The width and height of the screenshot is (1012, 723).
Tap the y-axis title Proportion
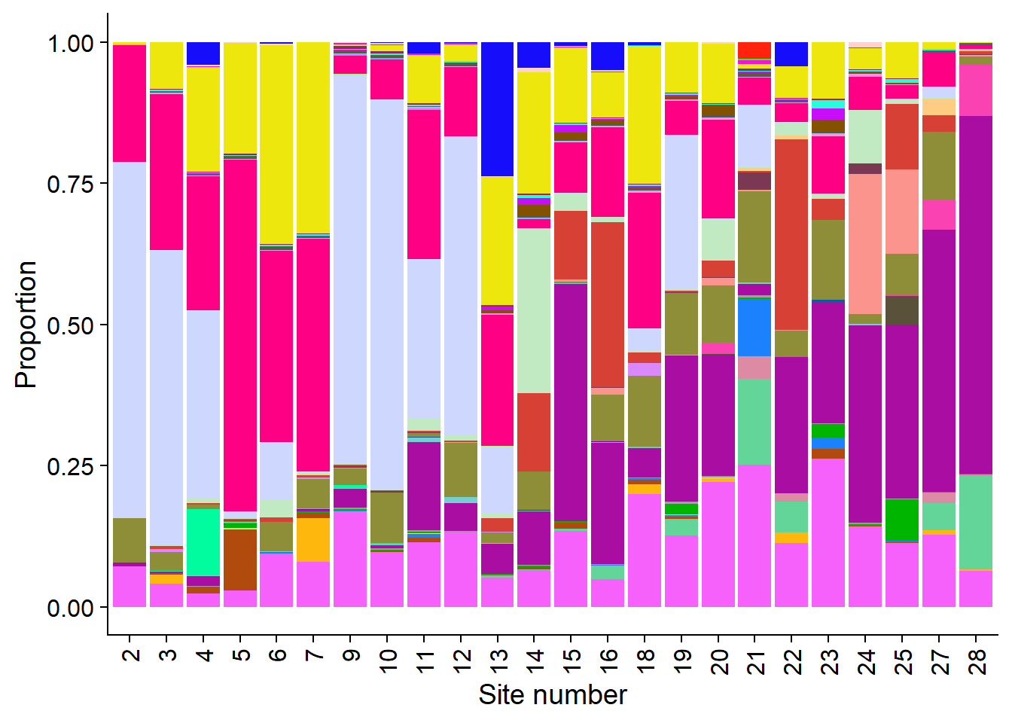tap(26, 325)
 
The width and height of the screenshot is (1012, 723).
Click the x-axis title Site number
tap(552, 694)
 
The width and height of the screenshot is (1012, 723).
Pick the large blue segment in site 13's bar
tap(497, 109)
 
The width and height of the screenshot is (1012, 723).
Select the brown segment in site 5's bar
tap(240, 560)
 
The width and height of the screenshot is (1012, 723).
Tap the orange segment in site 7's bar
tap(313, 539)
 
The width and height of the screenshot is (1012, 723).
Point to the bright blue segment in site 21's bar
tap(754, 328)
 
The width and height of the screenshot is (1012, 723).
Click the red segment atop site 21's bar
tap(754, 50)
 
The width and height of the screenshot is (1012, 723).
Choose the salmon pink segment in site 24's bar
tap(865, 244)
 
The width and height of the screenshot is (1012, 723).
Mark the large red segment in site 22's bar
tap(791, 234)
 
